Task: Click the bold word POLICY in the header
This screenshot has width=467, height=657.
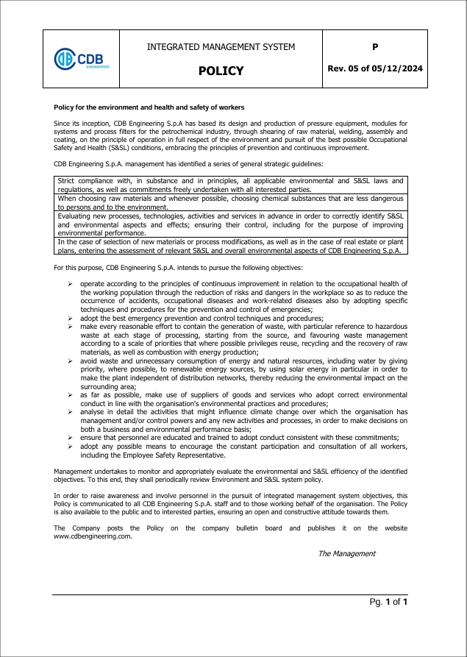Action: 221,71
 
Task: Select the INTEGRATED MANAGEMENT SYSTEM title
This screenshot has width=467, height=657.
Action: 221,47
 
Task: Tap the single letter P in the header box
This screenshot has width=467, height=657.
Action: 375,47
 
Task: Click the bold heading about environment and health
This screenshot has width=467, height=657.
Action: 149,107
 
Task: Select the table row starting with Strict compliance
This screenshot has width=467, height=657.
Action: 231,185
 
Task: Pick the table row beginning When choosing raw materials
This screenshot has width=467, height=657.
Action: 231,203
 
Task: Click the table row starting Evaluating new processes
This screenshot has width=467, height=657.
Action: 231,224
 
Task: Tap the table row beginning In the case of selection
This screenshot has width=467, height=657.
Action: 231,246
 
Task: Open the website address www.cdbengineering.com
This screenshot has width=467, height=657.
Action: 93,536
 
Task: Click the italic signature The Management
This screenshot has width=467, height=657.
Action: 346,553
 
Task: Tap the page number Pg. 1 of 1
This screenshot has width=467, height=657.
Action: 388,603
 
